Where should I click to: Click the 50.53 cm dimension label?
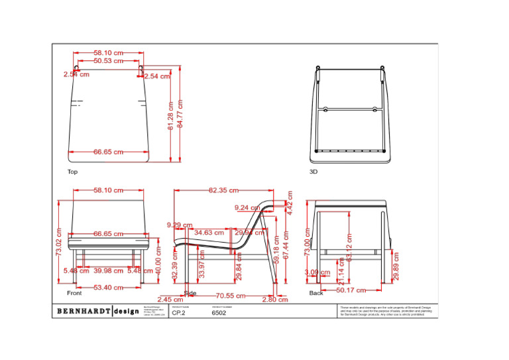point(108,61)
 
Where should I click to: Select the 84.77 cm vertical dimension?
point(180,114)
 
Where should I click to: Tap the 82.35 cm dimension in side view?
point(223,190)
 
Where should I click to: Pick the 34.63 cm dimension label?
point(209,233)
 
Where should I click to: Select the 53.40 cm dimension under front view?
point(109,288)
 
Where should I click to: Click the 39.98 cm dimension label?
point(107,270)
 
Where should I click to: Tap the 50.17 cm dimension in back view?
point(351,290)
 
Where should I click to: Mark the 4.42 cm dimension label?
point(289,200)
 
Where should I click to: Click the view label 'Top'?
point(72,172)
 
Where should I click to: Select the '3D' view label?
point(314,172)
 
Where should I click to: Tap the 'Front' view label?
point(74,292)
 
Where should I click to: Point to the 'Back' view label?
point(316,292)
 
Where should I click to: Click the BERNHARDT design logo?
point(97,311)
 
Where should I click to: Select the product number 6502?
point(219,314)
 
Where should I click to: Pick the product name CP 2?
point(178,314)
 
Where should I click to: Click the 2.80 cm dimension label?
point(275,300)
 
